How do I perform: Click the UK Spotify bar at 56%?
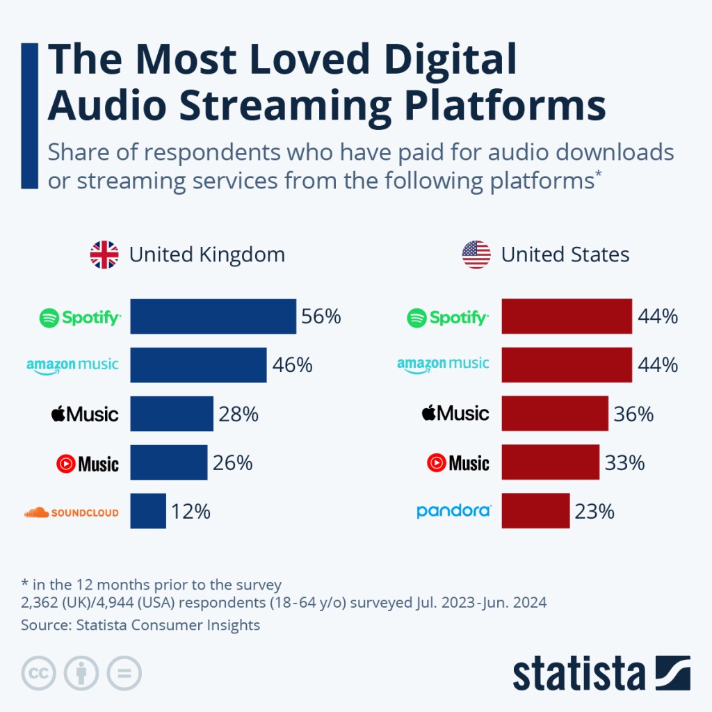tap(213, 316)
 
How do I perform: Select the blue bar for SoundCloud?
tap(148, 511)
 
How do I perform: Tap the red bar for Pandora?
tap(535, 511)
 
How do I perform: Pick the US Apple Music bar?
tap(555, 414)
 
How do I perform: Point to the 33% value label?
tap(624, 462)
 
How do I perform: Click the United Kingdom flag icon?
tap(104, 254)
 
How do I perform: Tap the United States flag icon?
tap(476, 254)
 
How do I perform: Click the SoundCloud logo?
tap(71, 512)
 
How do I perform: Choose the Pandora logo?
tap(453, 511)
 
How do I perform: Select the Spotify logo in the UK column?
tap(80, 318)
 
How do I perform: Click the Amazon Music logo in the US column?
tap(443, 365)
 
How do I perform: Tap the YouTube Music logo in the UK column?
tap(88, 463)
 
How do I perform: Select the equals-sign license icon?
tap(124, 672)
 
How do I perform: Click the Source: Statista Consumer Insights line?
tap(140, 625)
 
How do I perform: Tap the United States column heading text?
tap(565, 254)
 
